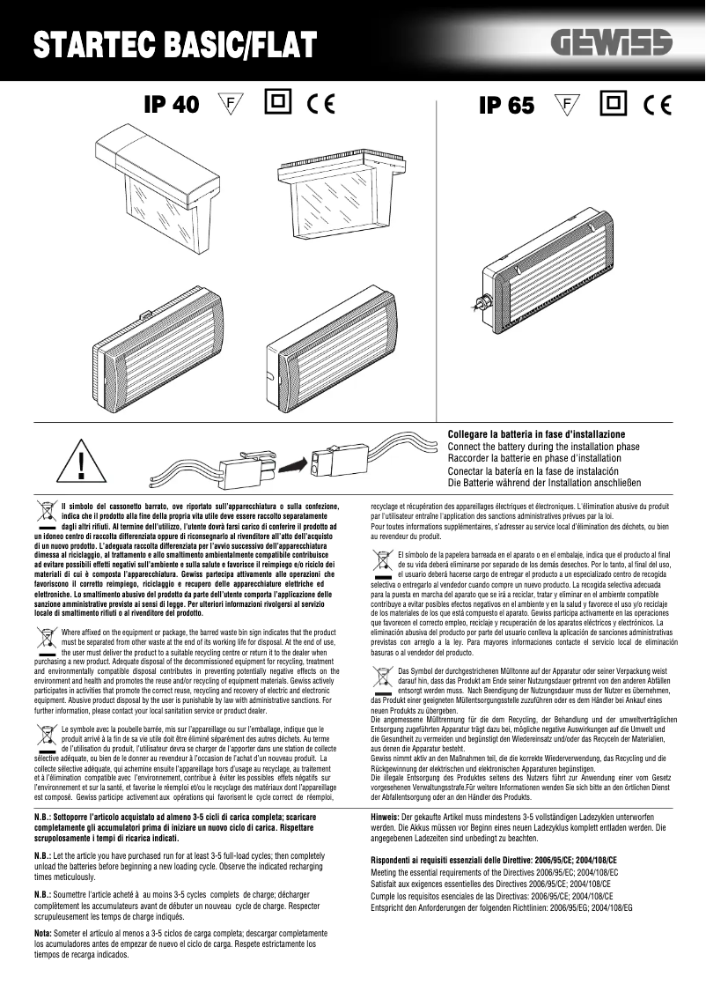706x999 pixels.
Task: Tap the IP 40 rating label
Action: (x=172, y=105)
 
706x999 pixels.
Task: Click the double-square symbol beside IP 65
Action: (x=613, y=104)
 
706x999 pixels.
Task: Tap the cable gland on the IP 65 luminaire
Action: (x=483, y=301)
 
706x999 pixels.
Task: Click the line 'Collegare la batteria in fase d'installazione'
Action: (x=536, y=435)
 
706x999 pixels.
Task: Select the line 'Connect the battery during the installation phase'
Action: (x=543, y=447)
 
